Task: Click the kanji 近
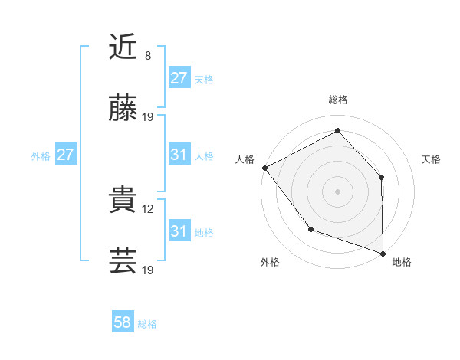click(x=123, y=47)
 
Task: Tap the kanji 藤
click(x=123, y=109)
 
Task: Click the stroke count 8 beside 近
click(x=148, y=56)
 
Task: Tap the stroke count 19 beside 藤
click(x=149, y=117)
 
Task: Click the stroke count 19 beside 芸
click(x=149, y=270)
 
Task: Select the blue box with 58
click(x=123, y=323)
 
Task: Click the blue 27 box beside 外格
click(x=65, y=155)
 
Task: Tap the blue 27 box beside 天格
click(x=179, y=78)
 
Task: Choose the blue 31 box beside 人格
click(x=179, y=155)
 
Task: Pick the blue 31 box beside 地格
click(x=179, y=231)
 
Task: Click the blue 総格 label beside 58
click(x=147, y=324)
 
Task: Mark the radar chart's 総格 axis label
click(x=337, y=100)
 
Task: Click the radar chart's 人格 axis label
click(x=245, y=159)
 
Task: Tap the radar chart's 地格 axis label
click(x=402, y=262)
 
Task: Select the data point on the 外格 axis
click(x=310, y=229)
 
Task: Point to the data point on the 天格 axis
click(x=382, y=177)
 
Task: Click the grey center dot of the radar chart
click(x=337, y=191)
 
